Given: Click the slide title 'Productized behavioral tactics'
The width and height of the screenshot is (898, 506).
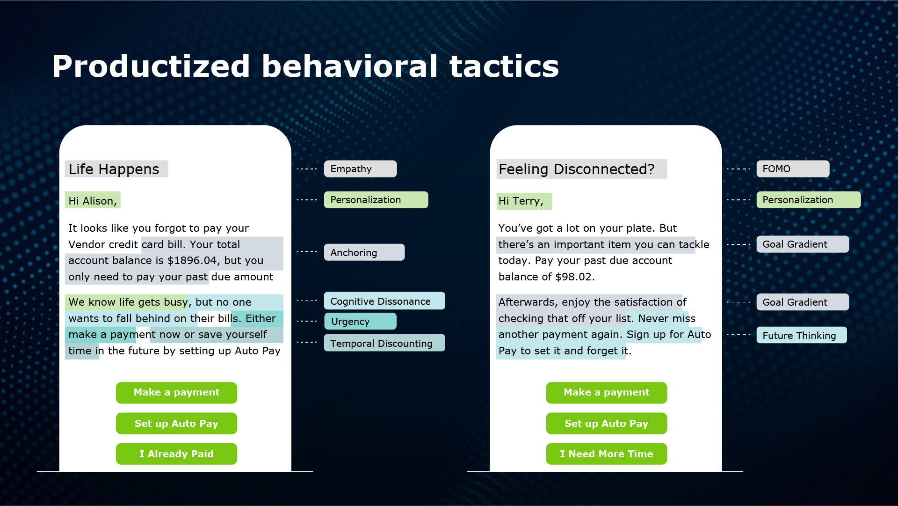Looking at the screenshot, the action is tap(305, 66).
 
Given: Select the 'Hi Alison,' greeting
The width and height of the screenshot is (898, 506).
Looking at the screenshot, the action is tap(93, 200).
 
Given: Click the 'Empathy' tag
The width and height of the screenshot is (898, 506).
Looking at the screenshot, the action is tap(360, 169).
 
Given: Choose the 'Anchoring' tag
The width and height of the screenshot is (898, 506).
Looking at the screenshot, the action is tap(364, 252).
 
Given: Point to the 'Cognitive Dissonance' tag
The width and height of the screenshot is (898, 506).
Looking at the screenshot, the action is tap(384, 301).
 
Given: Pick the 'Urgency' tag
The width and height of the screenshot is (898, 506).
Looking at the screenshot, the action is tap(360, 321).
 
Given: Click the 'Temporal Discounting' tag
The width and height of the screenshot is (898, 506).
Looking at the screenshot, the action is tap(384, 343).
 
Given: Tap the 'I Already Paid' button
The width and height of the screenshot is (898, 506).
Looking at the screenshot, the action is tap(176, 454).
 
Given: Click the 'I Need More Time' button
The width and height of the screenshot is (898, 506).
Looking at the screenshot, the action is tap(606, 454).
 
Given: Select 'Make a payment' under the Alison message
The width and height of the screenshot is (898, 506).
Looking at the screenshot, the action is tap(176, 392).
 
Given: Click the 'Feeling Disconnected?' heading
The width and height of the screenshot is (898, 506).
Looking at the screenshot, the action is tap(581, 169).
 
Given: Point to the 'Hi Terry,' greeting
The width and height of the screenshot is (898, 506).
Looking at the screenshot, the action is tap(524, 201).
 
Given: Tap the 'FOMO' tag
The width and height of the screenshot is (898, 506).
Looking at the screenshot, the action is tap(793, 169).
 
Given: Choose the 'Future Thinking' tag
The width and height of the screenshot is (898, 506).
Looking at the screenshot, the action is tap(802, 335).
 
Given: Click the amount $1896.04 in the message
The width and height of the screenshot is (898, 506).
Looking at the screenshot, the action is tap(192, 260).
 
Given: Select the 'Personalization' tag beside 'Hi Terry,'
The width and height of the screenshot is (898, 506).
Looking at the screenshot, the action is tap(809, 200).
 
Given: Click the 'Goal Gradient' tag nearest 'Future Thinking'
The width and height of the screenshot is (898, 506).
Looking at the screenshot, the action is tap(803, 302).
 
